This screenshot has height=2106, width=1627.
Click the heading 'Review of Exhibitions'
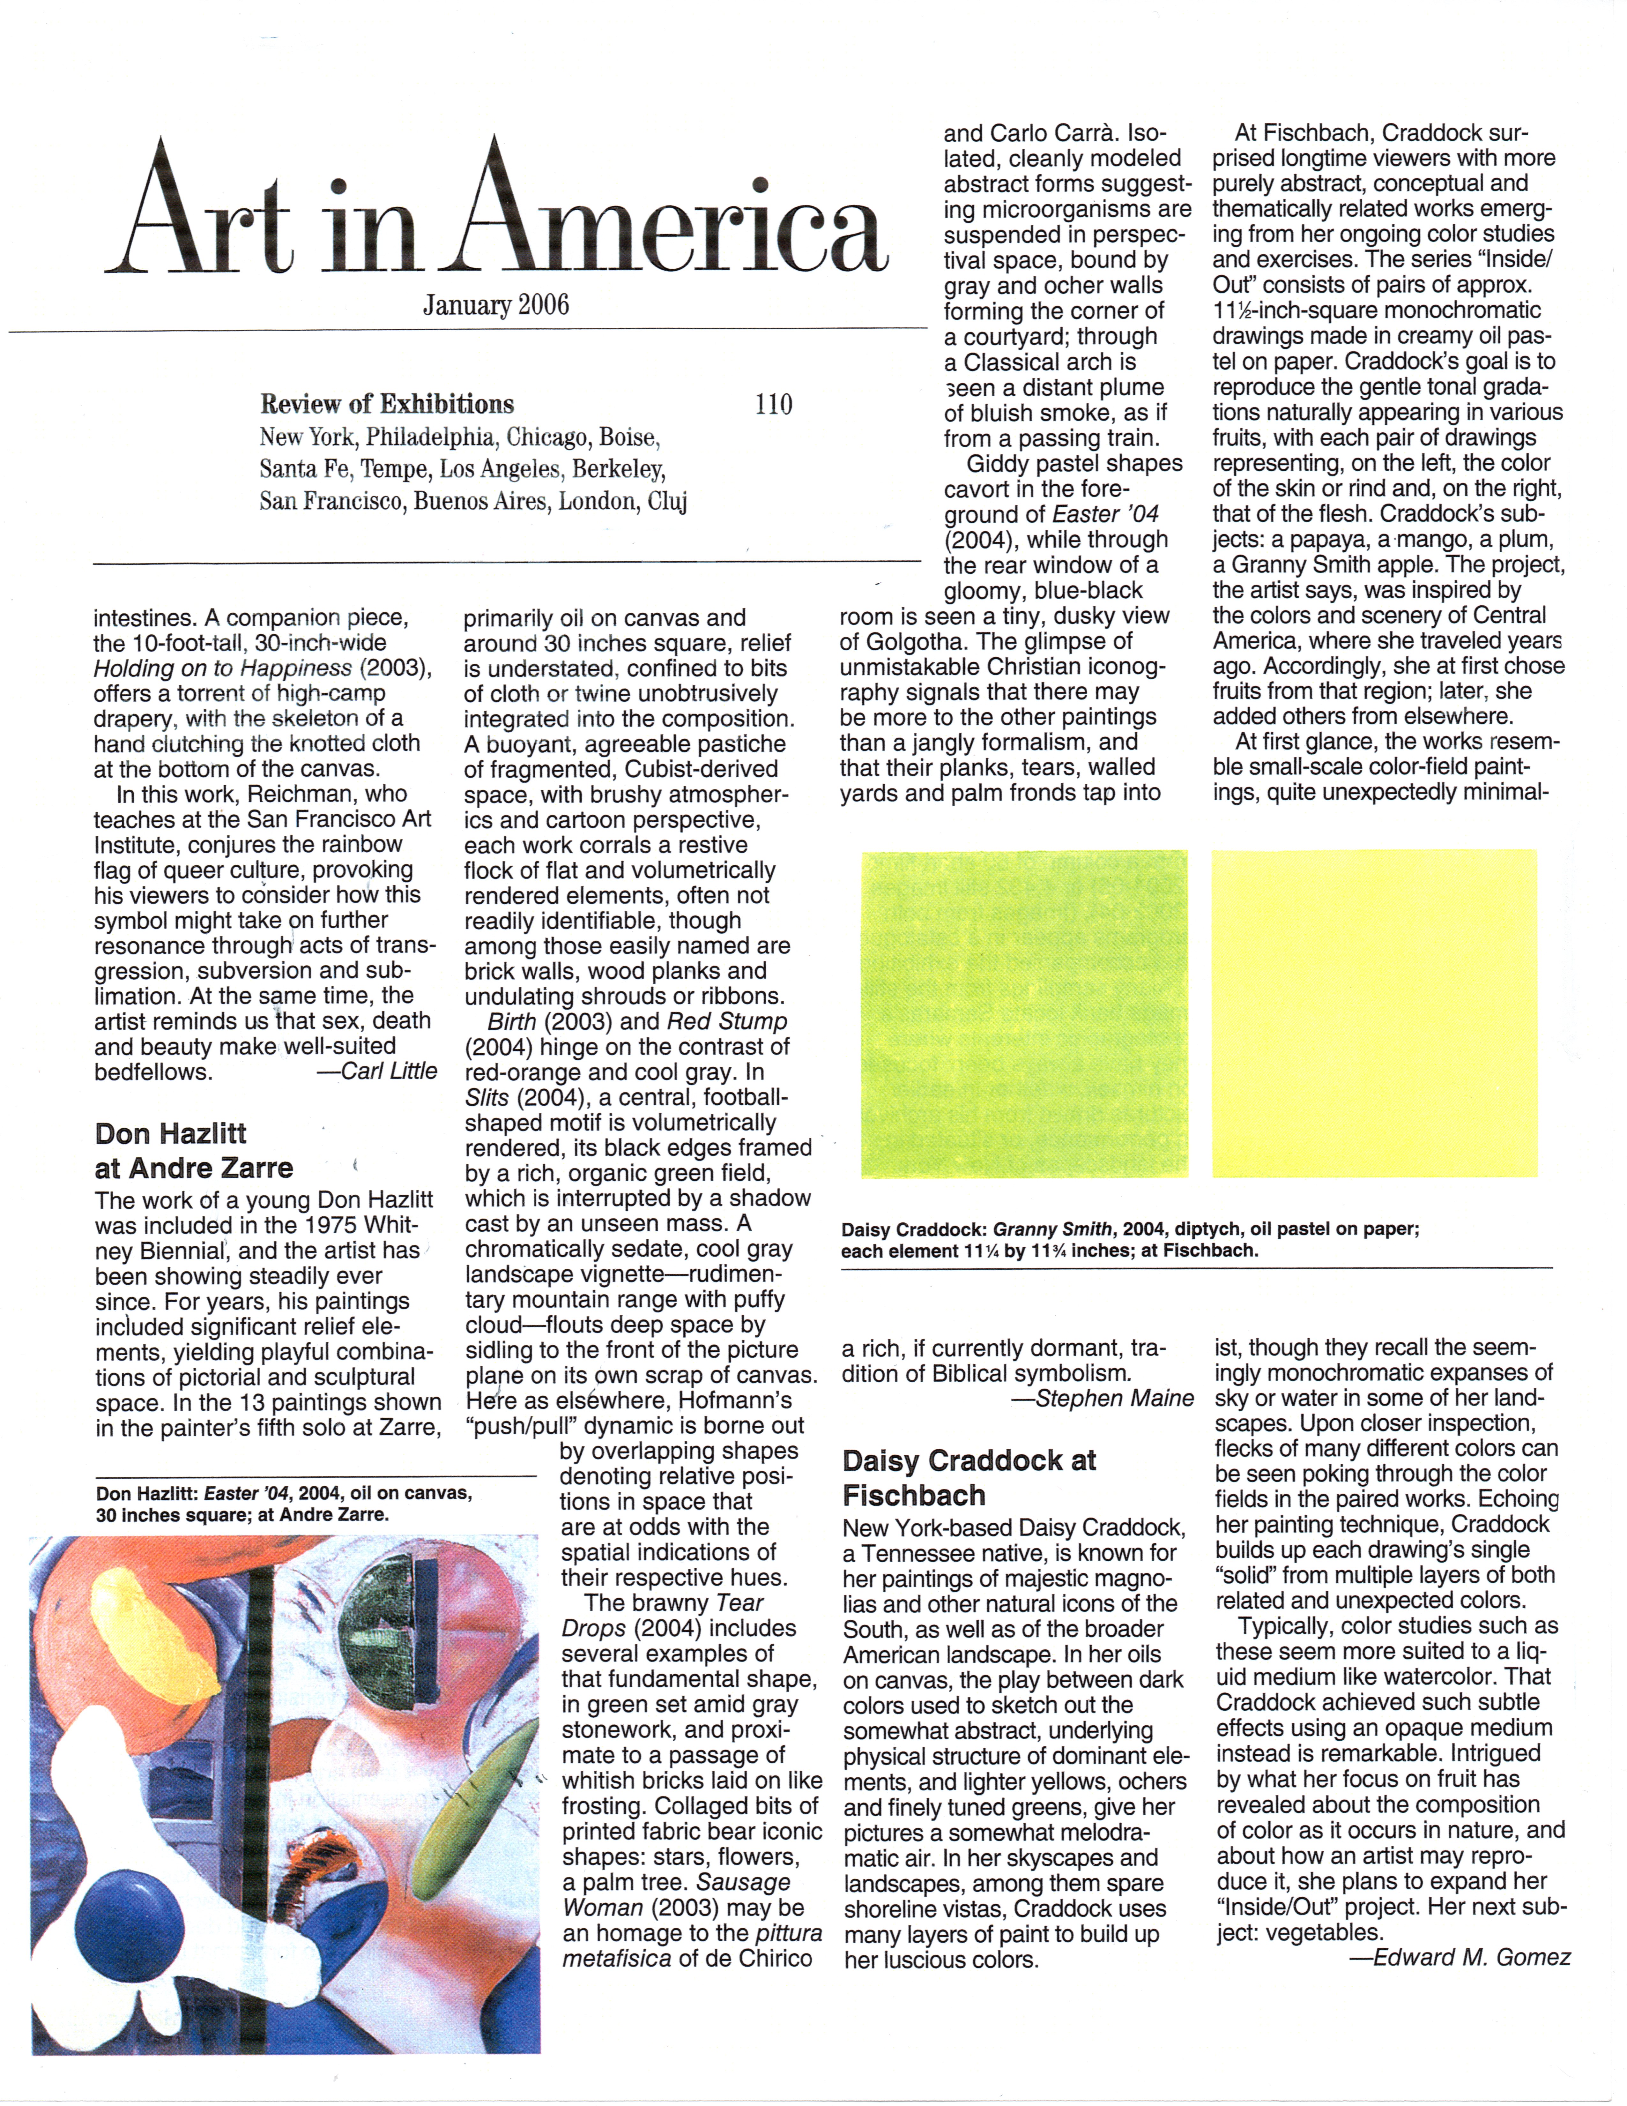(387, 404)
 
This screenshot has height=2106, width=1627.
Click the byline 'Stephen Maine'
(1115, 1398)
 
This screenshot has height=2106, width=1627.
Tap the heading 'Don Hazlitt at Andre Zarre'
(193, 1150)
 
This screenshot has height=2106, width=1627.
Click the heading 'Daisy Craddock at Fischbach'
(969, 1477)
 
